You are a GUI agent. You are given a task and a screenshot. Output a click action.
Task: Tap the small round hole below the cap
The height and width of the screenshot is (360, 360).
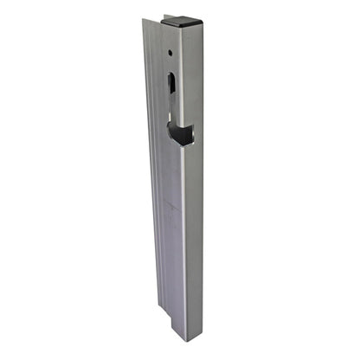coord(170,52)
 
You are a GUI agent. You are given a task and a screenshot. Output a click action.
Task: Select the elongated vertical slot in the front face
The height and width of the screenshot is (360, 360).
coord(173,91)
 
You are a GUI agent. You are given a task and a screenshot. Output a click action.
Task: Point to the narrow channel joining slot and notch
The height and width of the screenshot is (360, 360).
coord(174,116)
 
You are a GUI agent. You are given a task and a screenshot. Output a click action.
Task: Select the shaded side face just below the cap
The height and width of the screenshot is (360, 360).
coord(194,69)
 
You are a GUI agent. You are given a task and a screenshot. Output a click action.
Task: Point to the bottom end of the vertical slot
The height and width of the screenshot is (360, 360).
coord(174,109)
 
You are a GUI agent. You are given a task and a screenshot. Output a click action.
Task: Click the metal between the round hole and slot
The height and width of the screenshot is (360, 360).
coord(171,63)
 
